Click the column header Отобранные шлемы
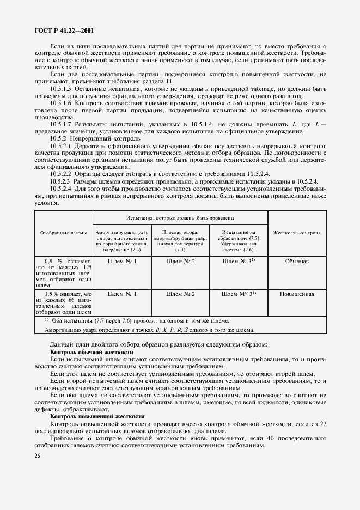[64, 233]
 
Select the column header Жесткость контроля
[297, 233]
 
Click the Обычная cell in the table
[297, 261]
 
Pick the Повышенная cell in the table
[297, 294]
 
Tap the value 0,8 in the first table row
[51, 261]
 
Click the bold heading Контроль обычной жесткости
[91, 353]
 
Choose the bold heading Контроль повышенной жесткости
[97, 416]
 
